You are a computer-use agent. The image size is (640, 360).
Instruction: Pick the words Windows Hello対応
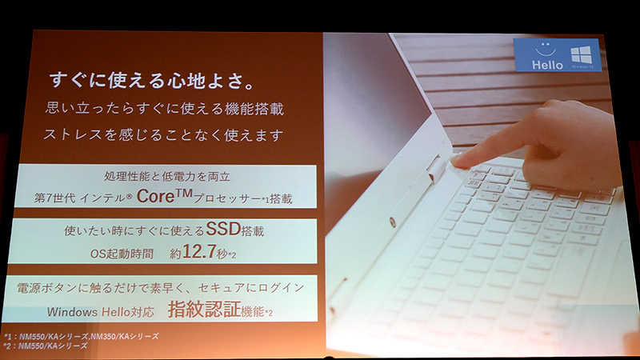[x=105, y=310]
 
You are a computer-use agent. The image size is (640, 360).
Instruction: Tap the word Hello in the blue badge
[x=540, y=60]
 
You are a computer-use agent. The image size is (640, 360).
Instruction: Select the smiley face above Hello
[x=540, y=46]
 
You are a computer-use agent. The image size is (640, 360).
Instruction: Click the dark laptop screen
[x=376, y=120]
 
